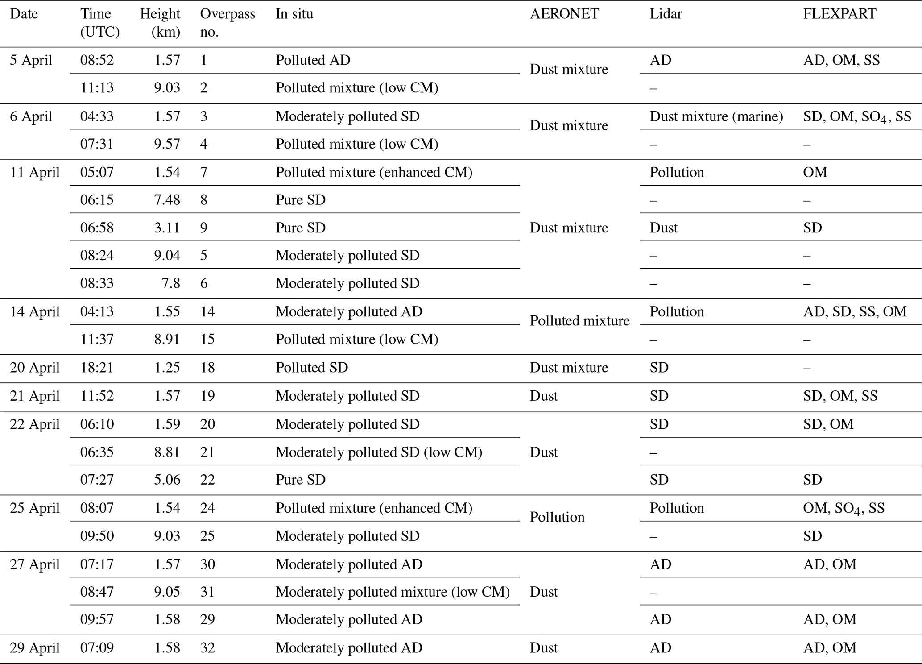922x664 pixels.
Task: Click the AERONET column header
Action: coord(564,14)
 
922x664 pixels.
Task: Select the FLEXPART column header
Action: coord(839,14)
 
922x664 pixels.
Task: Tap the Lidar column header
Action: coord(666,14)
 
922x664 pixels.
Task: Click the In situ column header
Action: coord(294,14)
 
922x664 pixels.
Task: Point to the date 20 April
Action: coord(34,368)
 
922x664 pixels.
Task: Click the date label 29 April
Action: coord(34,648)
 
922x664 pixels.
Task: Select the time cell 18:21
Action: coord(97,368)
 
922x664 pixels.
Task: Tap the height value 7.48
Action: coord(167,200)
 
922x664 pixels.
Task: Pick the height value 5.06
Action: coord(167,480)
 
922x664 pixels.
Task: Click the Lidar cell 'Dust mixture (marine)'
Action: coord(716,116)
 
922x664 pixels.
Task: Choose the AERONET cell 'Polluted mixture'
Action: coord(579,320)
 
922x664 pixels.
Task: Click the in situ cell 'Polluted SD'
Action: coord(311,368)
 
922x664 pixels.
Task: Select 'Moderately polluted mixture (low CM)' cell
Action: coord(393,592)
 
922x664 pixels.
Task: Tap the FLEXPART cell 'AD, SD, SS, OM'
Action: coord(855,311)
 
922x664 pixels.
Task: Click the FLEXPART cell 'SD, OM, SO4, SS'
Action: coord(857,117)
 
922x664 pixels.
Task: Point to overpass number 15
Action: coord(207,340)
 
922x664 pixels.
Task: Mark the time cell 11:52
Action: coord(97,396)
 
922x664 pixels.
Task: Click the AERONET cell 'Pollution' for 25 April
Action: coord(557,517)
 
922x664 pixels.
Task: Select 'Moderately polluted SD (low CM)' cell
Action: coord(379,452)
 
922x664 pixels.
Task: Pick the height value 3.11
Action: coord(167,228)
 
